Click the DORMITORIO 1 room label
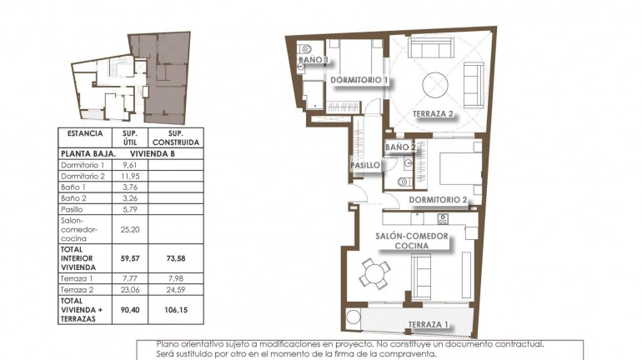coord(360,80)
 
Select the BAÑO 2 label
coord(400,147)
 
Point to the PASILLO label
coord(365,166)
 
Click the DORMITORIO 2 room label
coord(438,200)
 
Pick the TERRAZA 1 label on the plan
coord(429,323)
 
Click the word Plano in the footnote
coord(168,343)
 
